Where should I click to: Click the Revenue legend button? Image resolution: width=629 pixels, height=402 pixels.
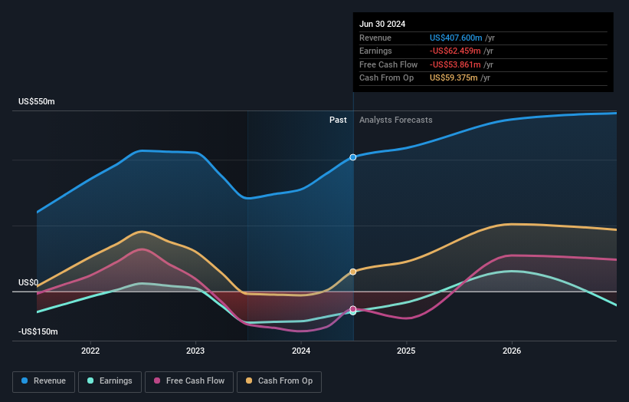(44, 381)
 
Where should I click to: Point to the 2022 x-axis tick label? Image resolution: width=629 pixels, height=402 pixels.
(90, 351)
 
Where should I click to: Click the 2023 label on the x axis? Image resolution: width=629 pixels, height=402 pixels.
(195, 351)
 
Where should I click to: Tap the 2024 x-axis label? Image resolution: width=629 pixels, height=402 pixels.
(301, 351)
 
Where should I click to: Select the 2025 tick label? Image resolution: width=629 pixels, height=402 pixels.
(406, 351)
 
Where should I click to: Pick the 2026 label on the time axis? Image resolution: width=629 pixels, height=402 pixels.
(512, 351)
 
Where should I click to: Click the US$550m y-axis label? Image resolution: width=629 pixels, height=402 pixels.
(37, 102)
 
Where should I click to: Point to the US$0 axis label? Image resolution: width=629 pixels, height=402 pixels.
(28, 282)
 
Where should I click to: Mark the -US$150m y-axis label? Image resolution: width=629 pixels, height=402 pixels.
(38, 331)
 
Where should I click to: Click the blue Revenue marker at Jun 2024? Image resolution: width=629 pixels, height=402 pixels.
(353, 157)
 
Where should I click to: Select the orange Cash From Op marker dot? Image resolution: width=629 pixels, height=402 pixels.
(353, 272)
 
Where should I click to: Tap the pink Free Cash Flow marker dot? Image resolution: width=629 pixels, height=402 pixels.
(353, 309)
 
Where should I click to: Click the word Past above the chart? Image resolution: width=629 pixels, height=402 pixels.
(338, 120)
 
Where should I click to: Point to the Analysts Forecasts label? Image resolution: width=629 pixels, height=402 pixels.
(395, 120)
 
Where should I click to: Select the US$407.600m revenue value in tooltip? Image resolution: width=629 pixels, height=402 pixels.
(457, 38)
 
